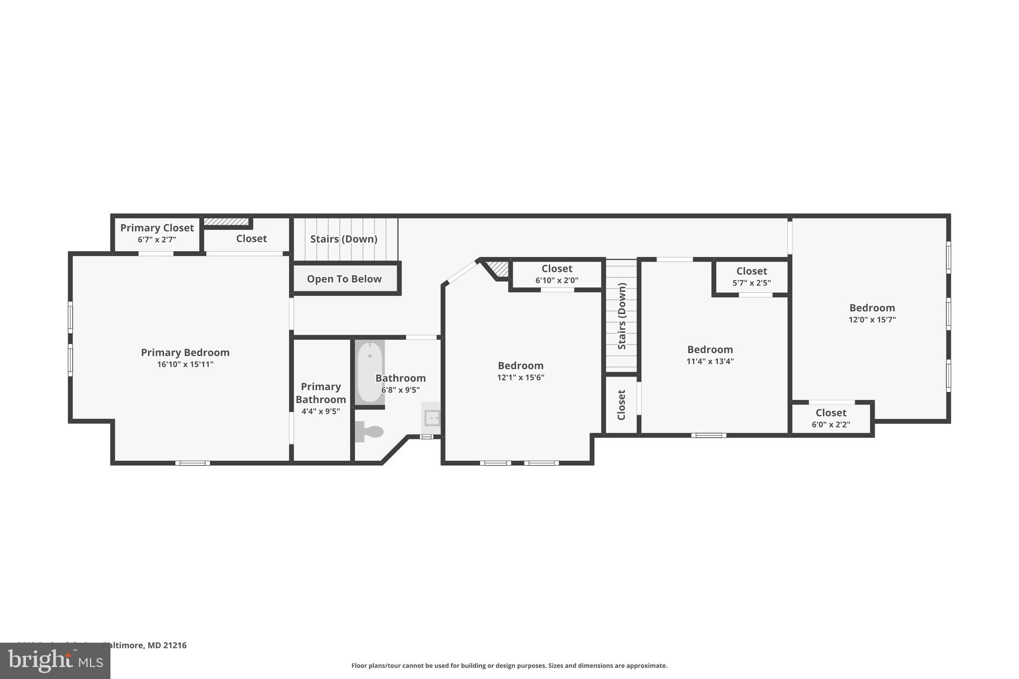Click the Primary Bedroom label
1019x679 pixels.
pos(185,353)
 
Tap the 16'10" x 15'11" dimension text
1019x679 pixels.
pos(185,365)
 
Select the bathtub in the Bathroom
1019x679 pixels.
pos(370,372)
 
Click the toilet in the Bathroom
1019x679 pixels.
pos(369,431)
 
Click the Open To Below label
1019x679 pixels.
pos(344,279)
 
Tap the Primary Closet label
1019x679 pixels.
pos(157,228)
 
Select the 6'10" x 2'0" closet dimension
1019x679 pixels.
pos(557,281)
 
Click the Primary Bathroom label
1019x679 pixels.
pos(321,393)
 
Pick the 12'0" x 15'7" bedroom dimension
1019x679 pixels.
pos(872,320)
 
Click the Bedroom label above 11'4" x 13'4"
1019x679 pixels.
pos(710,350)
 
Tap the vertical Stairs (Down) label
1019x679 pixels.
pos(622,316)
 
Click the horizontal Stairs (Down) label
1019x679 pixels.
pos(344,239)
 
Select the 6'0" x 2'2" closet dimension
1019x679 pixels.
pos(831,425)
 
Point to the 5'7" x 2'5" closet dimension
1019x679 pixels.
pos(751,283)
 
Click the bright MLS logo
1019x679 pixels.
pos(55,661)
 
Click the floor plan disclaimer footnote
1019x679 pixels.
pos(509,666)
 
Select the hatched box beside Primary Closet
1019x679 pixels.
pos(226,221)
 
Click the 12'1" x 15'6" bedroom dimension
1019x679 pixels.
pos(520,378)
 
